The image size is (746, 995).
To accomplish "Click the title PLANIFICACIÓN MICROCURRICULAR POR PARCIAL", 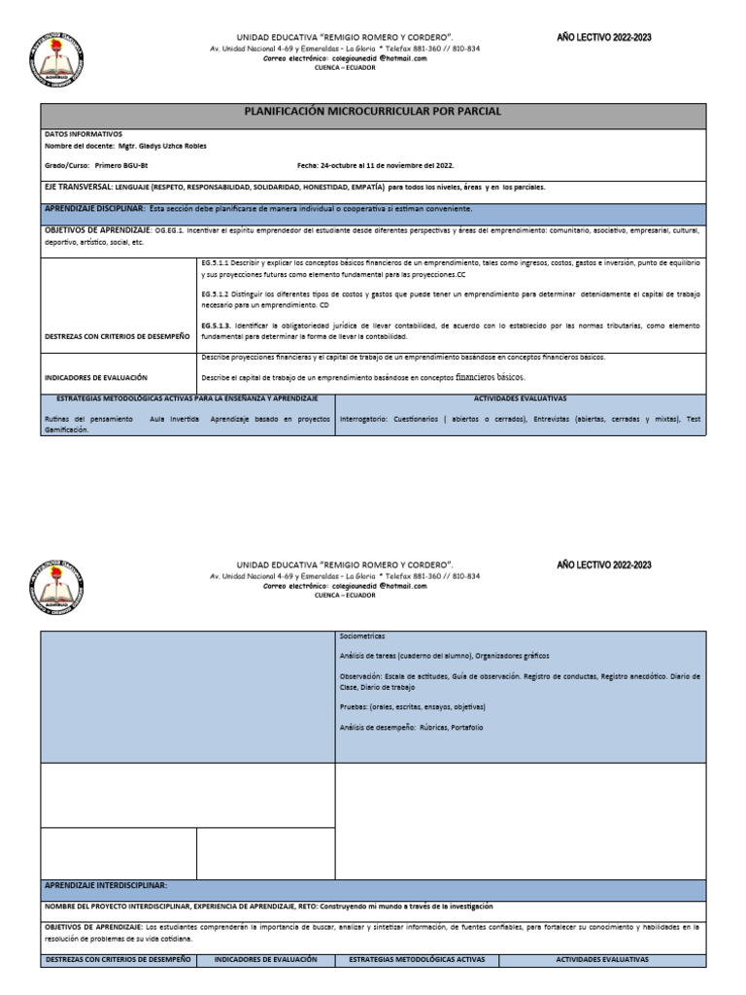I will click(373, 112).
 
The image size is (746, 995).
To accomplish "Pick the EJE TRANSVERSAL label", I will click(79, 187).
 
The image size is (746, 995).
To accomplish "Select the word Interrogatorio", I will click(362, 419).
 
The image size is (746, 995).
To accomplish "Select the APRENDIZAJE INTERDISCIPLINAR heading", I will click(106, 885).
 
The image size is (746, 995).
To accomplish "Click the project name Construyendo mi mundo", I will click(415, 906).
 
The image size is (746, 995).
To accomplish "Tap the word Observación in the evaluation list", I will click(362, 675).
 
